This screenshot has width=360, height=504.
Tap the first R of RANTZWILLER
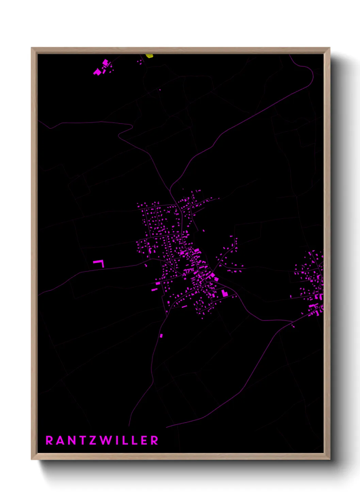[49, 440]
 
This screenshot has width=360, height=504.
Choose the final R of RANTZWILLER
[155, 440]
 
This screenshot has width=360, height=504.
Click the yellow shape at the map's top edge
[149, 56]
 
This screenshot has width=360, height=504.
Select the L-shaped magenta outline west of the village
[99, 263]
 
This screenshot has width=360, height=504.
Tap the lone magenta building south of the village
[161, 336]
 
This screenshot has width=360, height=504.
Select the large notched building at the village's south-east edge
[224, 294]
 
